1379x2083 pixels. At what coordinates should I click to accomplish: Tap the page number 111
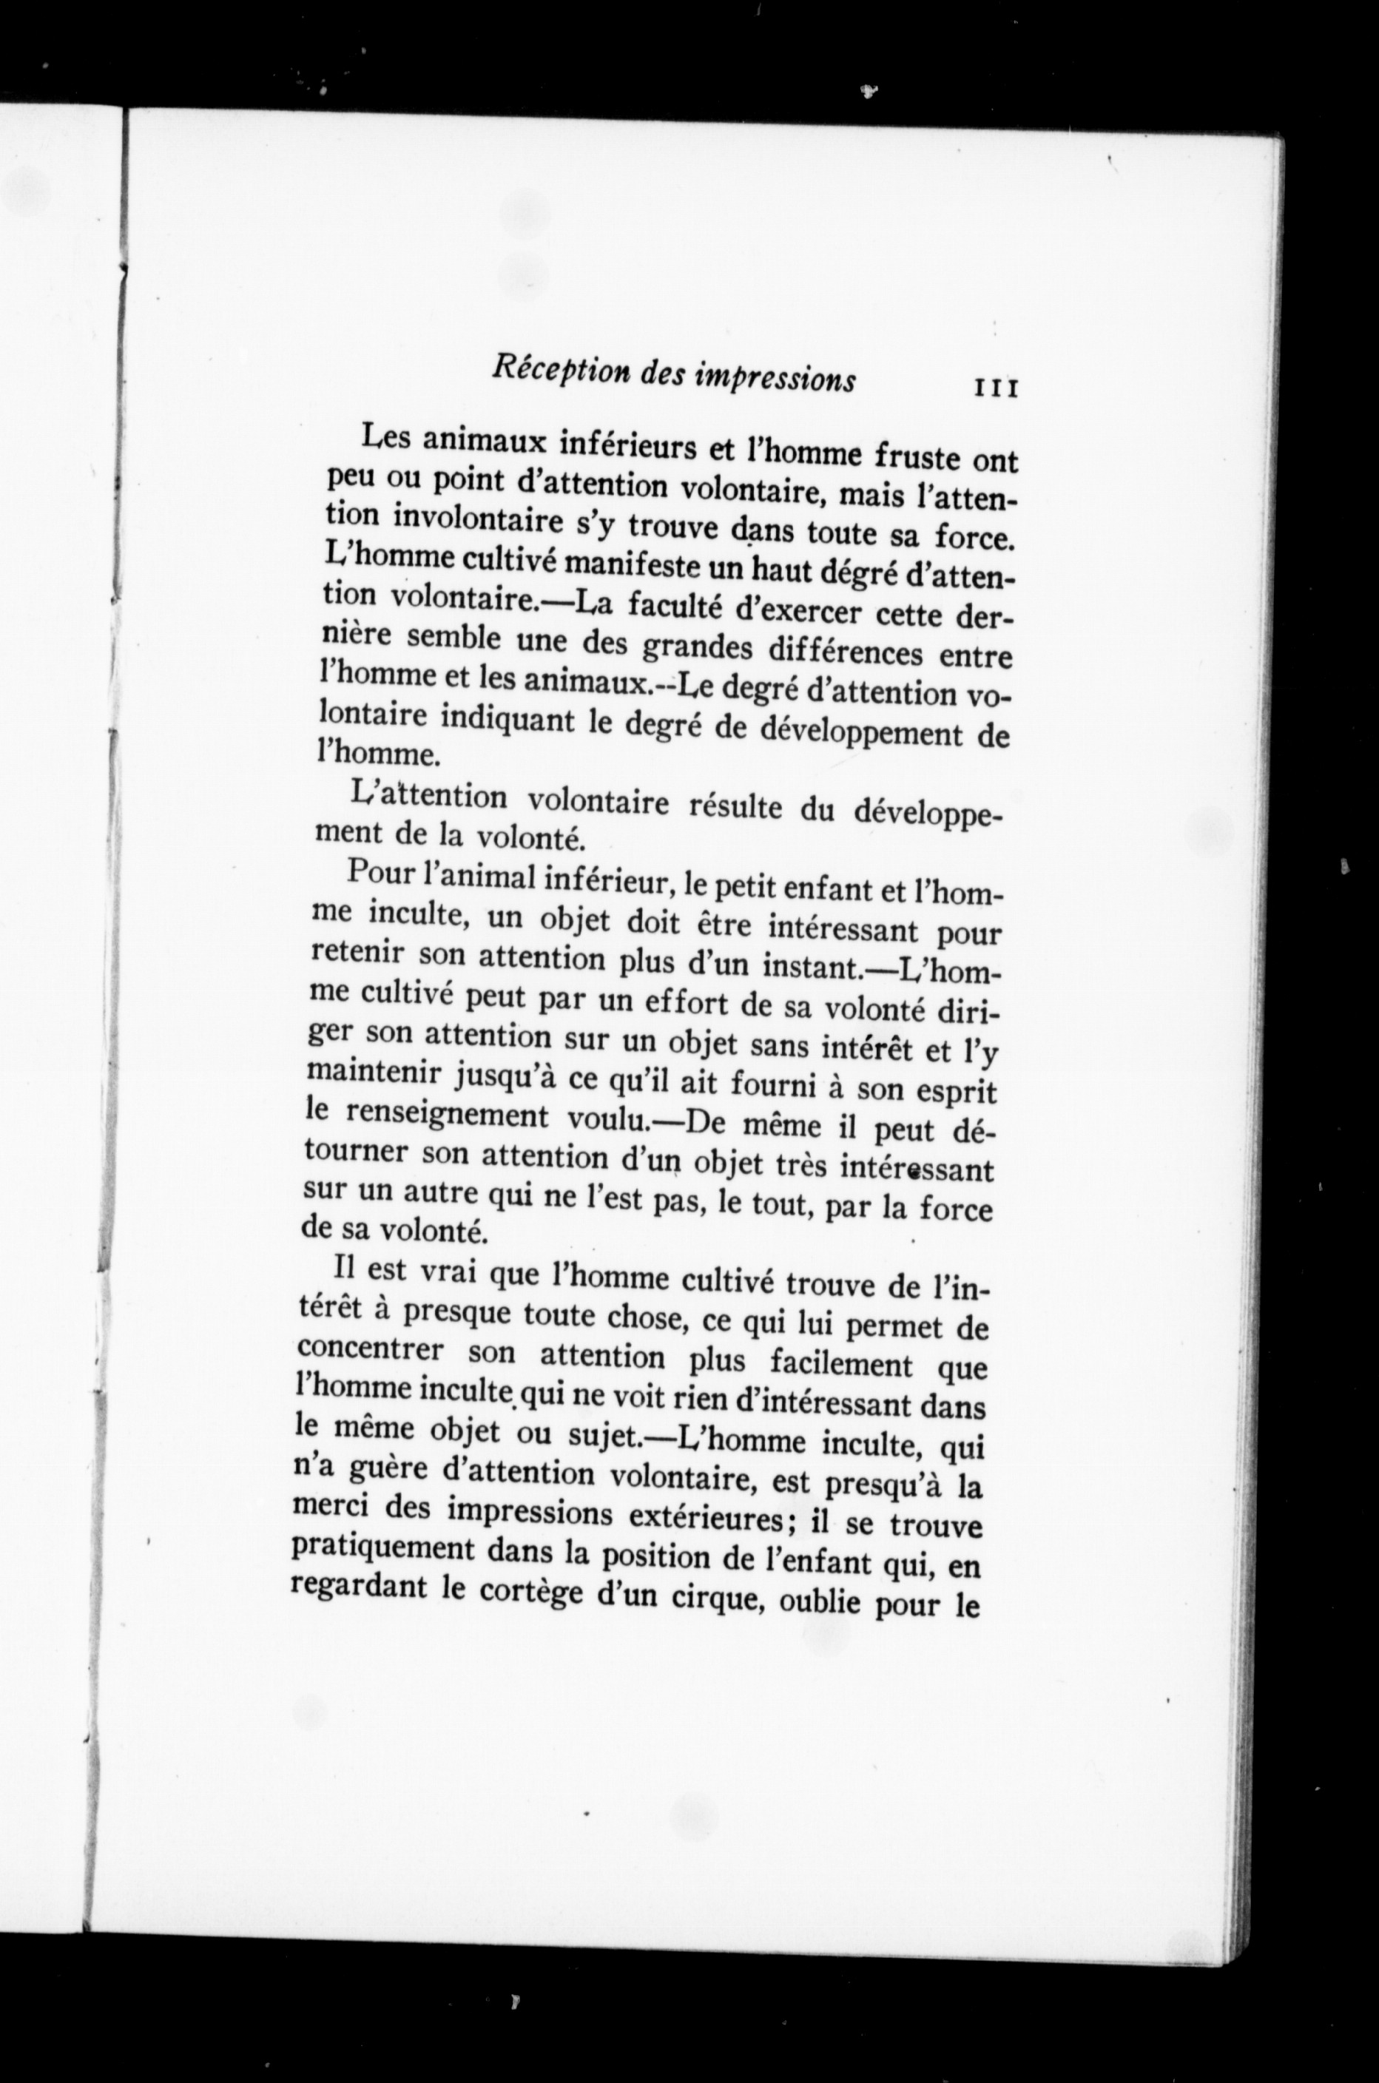coord(996,388)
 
